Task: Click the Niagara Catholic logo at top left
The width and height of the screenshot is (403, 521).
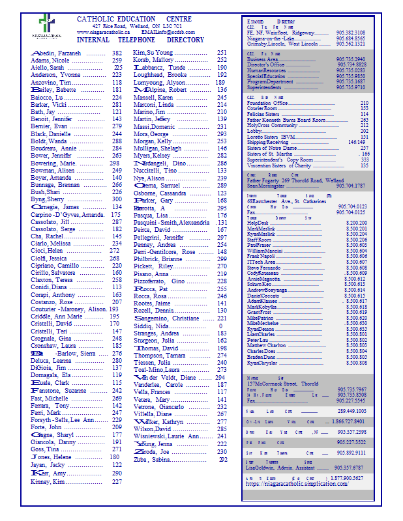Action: [50, 25]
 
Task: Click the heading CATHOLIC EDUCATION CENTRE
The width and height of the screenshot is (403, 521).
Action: [134, 19]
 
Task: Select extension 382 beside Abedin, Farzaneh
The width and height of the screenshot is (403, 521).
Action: [117, 53]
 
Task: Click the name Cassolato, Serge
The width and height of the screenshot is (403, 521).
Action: [55, 229]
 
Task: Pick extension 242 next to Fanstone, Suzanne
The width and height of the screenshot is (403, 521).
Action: [117, 391]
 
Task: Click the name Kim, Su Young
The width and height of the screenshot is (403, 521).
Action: [153, 53]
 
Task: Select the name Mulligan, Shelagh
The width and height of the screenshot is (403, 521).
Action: [158, 148]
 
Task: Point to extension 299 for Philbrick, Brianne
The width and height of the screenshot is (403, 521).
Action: [222, 259]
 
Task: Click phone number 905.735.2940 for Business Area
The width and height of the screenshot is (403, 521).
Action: [350, 59]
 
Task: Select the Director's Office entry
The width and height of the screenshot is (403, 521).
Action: [266, 65]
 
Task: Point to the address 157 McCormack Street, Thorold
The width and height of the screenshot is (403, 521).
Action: [282, 384]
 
